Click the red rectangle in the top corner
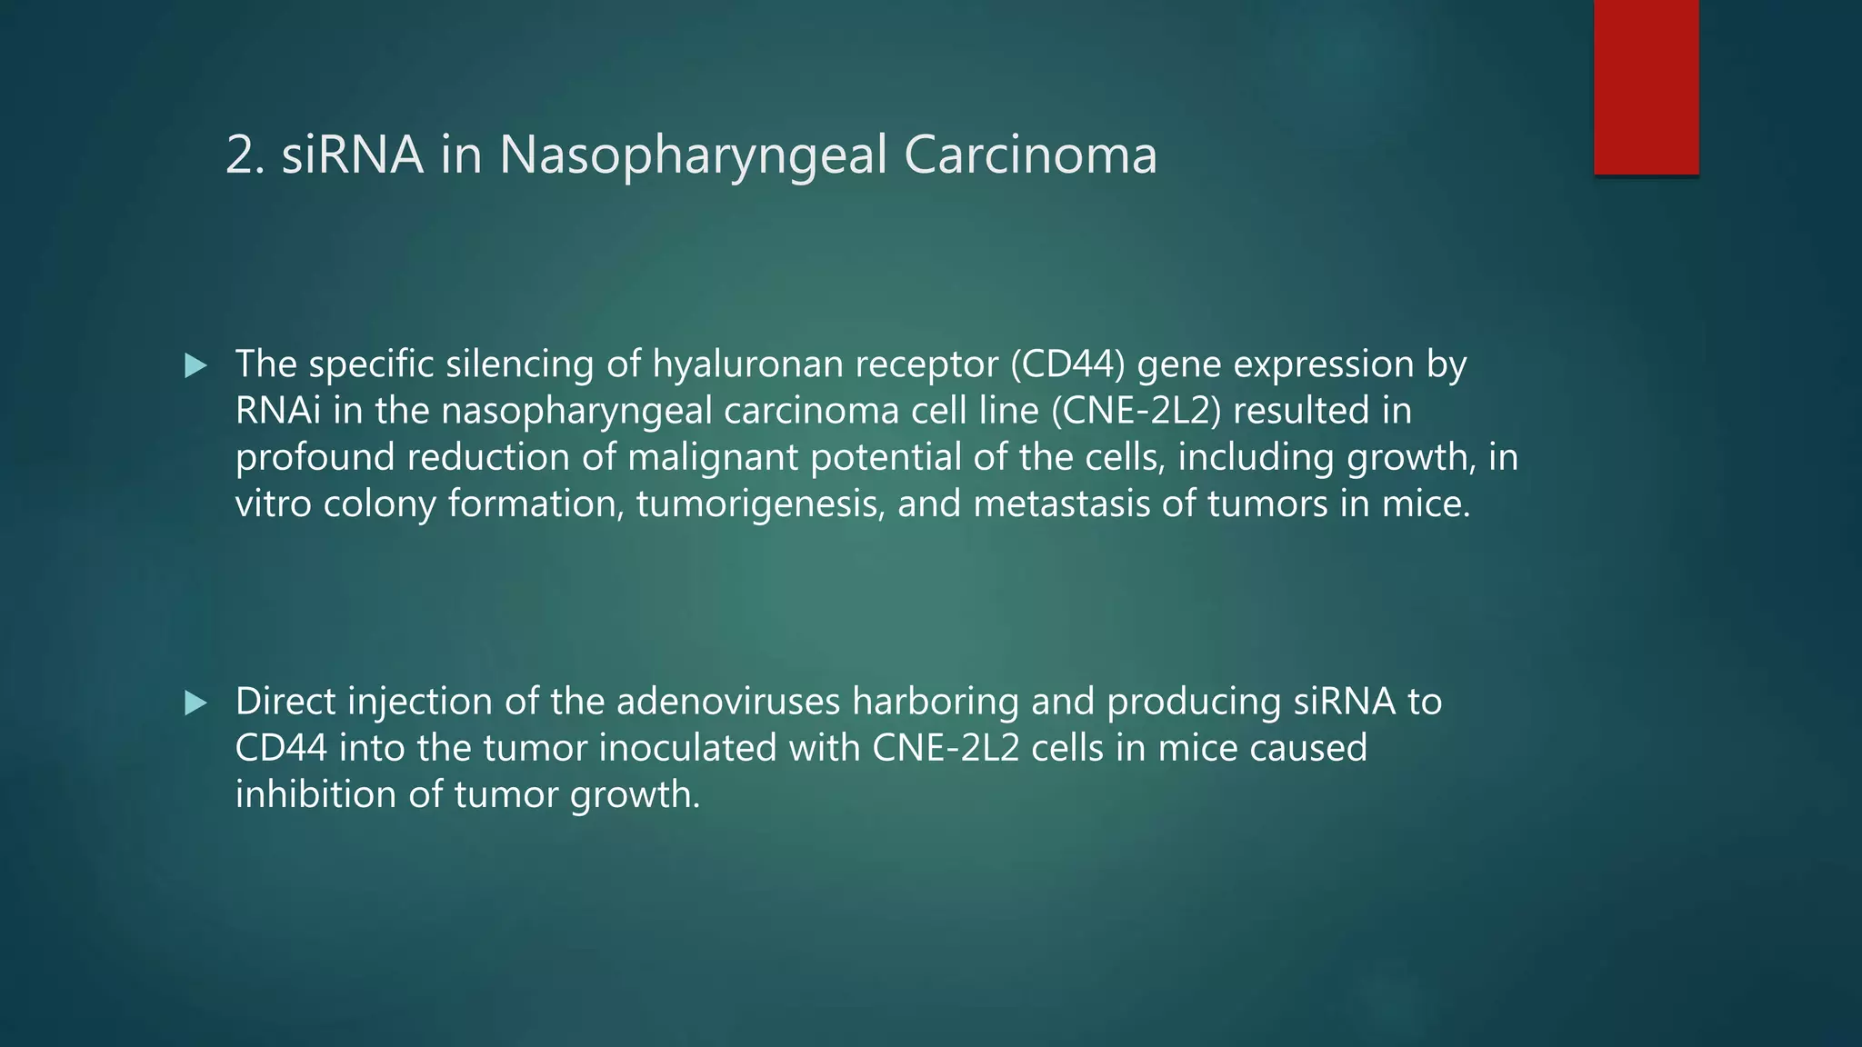pos(1646,86)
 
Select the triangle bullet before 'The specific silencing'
pos(195,366)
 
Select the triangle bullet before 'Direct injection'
pos(195,703)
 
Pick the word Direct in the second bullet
pos(285,702)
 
